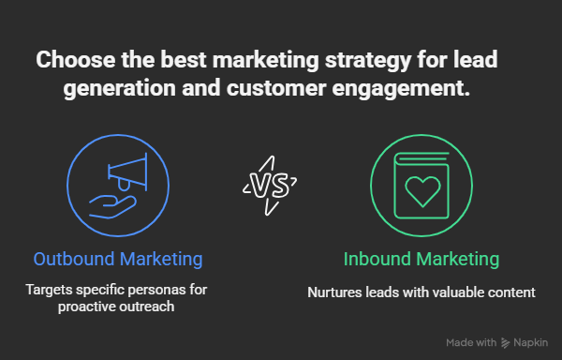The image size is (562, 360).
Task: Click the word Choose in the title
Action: coord(76,59)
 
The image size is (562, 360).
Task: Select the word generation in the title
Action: coord(120,89)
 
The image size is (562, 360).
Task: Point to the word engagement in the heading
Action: coord(401,89)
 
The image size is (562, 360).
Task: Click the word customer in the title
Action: coord(276,88)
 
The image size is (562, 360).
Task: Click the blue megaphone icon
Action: coord(127,172)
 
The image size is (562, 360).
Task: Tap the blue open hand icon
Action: coord(112,207)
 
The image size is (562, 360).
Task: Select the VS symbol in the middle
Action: coord(270,186)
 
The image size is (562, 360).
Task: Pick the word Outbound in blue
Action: coord(74,259)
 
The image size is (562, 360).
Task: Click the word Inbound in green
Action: coord(377,259)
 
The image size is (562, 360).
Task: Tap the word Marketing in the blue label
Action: coord(161,260)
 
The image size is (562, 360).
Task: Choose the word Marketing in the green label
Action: coord(458,260)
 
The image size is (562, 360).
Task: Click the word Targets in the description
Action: coord(49,290)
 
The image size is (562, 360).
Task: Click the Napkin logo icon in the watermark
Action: coord(506,343)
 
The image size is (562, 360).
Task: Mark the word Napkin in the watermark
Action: coord(531,343)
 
